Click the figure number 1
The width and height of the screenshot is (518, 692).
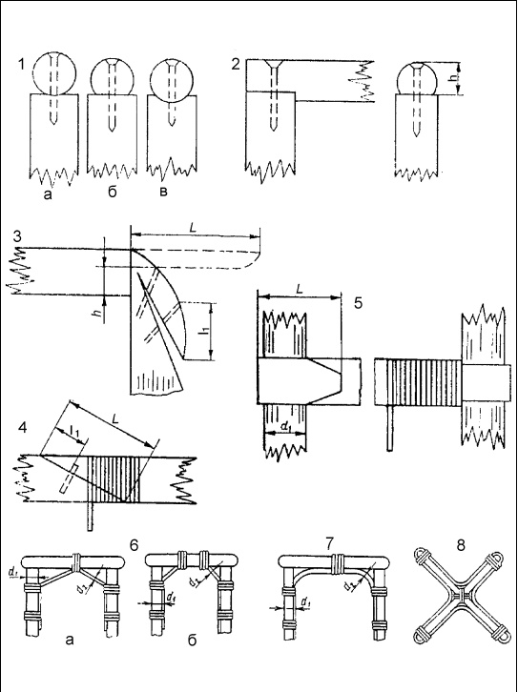(x=21, y=65)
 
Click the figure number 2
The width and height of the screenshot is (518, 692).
(x=236, y=65)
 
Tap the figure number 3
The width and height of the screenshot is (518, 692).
(x=17, y=236)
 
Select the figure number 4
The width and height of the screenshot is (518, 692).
(x=22, y=427)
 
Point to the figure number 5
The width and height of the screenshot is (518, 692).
(x=358, y=303)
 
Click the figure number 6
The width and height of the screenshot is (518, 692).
(x=134, y=545)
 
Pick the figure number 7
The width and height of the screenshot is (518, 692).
(x=329, y=544)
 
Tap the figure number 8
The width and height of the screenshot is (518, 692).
(x=461, y=545)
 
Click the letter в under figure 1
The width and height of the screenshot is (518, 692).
(x=163, y=193)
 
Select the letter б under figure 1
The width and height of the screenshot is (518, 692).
(x=113, y=192)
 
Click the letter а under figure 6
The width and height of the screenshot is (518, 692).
(x=70, y=640)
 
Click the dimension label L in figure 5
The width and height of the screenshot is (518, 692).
(x=300, y=289)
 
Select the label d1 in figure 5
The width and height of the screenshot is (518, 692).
(x=286, y=427)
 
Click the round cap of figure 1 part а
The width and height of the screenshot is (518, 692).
(x=54, y=73)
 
